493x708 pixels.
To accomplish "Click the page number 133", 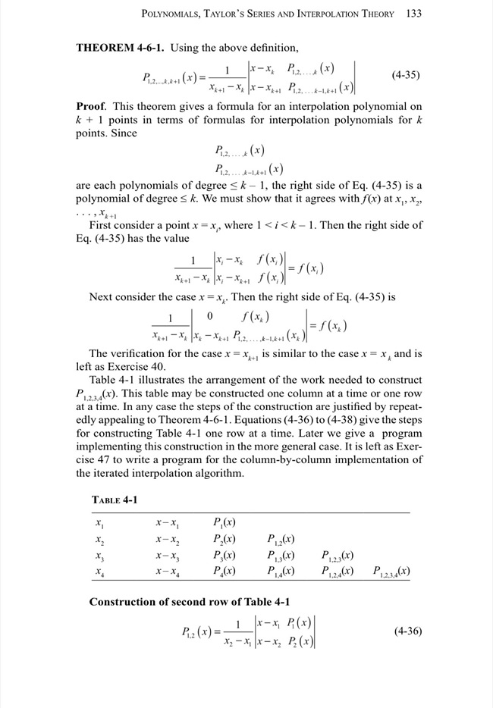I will click(413, 14).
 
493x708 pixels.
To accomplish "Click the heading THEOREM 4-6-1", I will click(121, 48).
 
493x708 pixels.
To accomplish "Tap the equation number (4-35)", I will click(406, 76).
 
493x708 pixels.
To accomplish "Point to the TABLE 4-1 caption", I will click(115, 500).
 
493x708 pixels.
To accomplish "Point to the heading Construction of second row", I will click(190, 602).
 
